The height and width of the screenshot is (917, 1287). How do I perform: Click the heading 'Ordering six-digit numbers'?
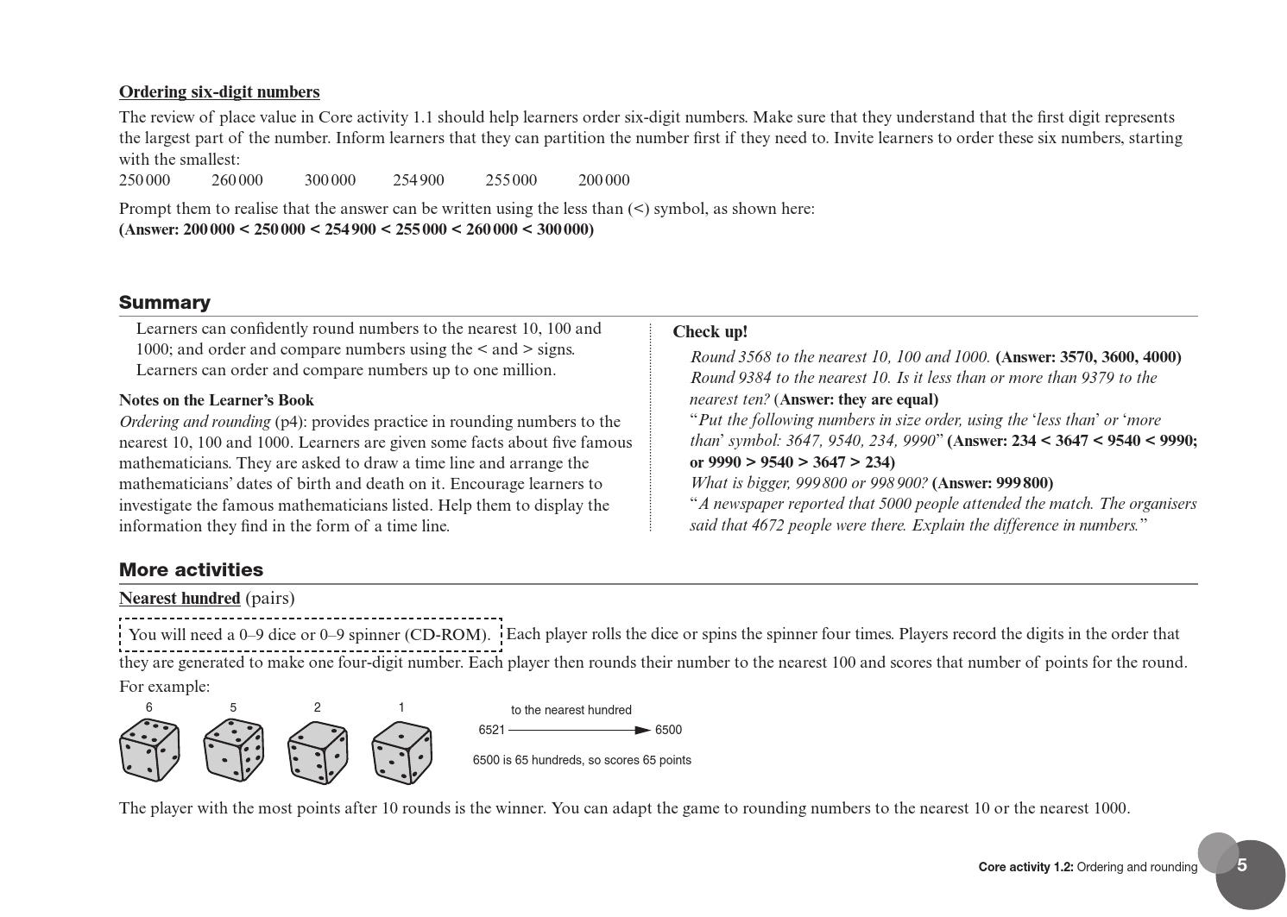[219, 92]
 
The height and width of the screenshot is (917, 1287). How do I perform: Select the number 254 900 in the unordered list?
[419, 180]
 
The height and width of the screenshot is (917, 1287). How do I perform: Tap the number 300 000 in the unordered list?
[330, 180]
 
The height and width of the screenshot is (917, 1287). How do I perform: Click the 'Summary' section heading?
[165, 303]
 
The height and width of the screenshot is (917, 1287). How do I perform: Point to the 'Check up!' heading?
[710, 332]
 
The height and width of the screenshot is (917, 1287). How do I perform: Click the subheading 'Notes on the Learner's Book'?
[217, 400]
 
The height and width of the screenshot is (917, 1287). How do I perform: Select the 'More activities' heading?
[191, 570]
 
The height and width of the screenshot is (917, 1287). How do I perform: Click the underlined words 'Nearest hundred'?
[180, 599]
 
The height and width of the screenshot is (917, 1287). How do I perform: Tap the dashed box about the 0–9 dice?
[310, 635]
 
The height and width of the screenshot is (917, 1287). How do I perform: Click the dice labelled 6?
[149, 751]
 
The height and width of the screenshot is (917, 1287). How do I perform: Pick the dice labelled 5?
[233, 751]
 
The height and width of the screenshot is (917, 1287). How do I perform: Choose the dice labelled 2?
[318, 751]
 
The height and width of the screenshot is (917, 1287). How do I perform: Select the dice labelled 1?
[401, 752]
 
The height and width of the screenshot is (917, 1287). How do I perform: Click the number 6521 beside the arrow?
[491, 731]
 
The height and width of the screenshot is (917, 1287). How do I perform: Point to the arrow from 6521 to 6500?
[579, 731]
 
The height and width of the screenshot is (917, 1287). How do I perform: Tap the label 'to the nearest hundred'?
[571, 711]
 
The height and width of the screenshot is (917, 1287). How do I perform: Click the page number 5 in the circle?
[1242, 866]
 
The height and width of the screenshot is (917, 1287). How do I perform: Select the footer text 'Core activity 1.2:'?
[1025, 868]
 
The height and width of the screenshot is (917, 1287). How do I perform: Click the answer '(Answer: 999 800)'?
[993, 483]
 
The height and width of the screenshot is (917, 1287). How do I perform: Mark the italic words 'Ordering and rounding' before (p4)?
[195, 422]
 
